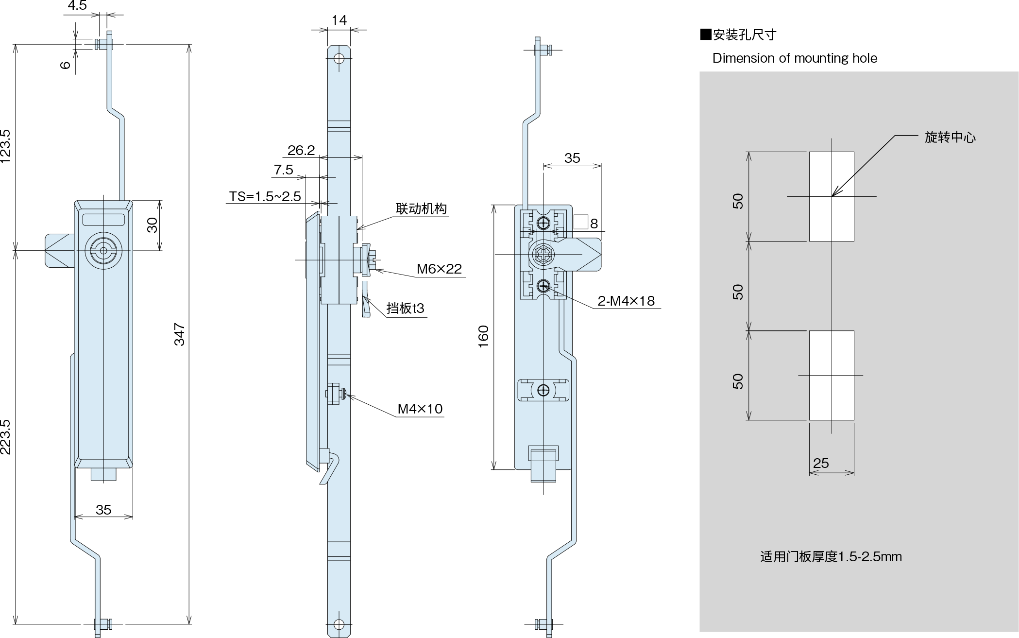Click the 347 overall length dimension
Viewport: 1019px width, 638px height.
180,334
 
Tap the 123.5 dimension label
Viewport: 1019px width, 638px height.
5,146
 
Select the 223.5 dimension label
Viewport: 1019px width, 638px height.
5,436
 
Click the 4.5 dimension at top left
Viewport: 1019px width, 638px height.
77,6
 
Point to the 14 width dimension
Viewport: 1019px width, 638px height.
339,20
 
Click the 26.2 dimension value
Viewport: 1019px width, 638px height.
301,151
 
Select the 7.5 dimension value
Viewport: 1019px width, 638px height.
284,170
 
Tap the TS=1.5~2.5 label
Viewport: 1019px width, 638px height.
265,196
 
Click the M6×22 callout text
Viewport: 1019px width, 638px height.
439,269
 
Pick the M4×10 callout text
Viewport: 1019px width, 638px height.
420,409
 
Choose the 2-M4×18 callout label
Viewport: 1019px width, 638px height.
626,301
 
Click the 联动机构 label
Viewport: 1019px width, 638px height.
421,209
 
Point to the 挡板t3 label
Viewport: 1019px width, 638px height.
406,308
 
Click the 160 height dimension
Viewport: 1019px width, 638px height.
483,336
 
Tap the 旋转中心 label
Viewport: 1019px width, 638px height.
950,138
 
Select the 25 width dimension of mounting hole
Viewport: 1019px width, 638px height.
821,463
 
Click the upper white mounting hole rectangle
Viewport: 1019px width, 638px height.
832,196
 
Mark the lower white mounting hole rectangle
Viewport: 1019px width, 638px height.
832,375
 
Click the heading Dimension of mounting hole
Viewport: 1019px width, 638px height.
795,58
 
